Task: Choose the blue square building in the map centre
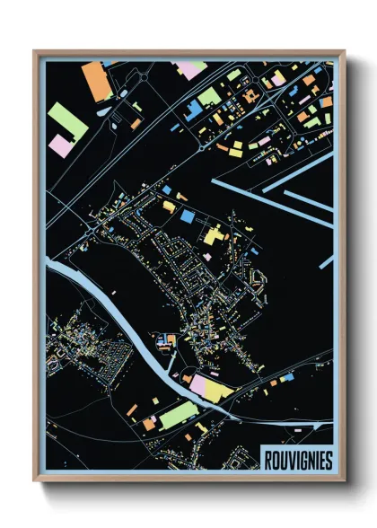[x=188, y=216]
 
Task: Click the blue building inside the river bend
[x=165, y=339]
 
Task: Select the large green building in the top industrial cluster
[x=208, y=95]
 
